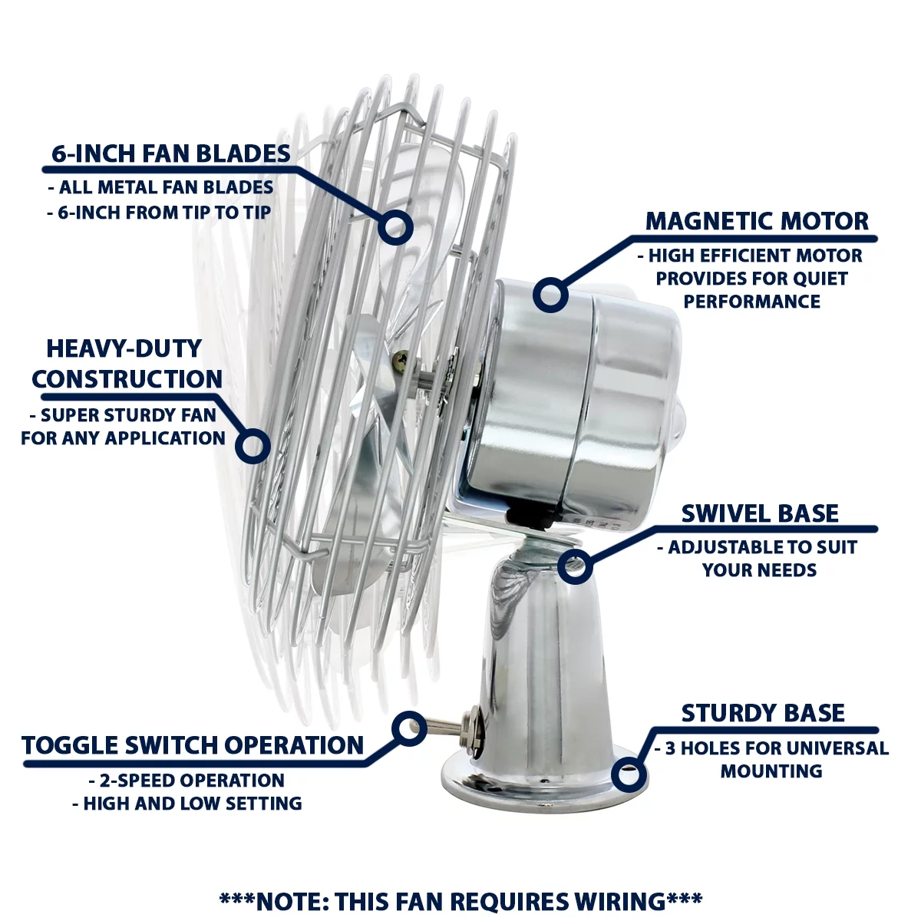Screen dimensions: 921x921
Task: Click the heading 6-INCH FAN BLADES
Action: (170, 153)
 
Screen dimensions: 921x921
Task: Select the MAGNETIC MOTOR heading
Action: (757, 221)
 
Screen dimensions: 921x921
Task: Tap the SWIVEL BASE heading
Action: (760, 513)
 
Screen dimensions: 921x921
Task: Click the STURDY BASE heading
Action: (763, 713)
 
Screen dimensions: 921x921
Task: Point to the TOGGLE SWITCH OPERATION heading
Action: (193, 745)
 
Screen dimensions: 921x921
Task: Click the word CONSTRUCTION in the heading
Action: (127, 379)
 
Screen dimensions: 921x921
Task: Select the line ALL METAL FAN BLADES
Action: (161, 187)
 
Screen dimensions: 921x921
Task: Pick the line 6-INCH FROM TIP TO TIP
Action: (160, 213)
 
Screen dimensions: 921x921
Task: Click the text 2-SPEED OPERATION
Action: (187, 781)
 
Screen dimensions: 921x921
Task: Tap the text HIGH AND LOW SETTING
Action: (187, 804)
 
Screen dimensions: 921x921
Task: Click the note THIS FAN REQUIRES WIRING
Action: (460, 901)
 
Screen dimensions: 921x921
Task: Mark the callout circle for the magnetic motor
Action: (550, 294)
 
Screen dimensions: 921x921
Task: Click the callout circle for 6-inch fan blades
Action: (395, 228)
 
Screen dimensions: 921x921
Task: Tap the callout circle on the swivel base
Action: (574, 566)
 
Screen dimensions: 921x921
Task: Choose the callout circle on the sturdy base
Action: (629, 774)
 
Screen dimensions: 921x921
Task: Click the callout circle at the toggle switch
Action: (409, 728)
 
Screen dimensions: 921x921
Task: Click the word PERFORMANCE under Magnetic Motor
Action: (752, 302)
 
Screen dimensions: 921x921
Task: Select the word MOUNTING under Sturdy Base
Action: (771, 771)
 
